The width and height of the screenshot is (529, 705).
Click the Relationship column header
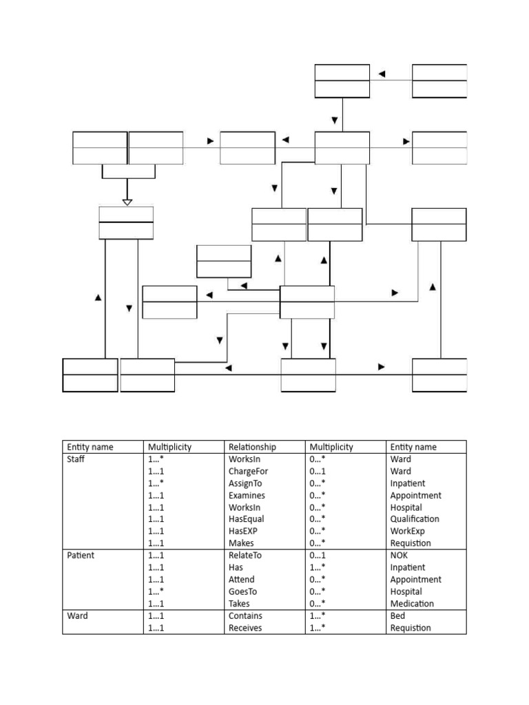pos(252,447)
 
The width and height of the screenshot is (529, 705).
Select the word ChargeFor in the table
pos(248,471)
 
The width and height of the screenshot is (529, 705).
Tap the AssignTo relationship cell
pos(246,483)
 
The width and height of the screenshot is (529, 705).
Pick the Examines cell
pos(247,495)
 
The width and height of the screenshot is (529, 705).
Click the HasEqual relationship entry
pos(246,519)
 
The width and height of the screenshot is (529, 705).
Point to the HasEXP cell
pos(244,531)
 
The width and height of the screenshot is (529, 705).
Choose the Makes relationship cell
pos(241,543)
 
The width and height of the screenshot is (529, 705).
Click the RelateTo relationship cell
pos(245,555)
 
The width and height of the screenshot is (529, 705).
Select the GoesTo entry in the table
pos(243,591)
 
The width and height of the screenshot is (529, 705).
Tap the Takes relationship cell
pos(240,603)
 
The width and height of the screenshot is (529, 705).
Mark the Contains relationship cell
pos(245,615)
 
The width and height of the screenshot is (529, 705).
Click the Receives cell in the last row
pos(245,628)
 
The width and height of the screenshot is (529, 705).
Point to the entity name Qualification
pos(415,519)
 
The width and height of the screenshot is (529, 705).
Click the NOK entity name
pos(399,555)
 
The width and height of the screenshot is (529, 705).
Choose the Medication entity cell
pos(412,603)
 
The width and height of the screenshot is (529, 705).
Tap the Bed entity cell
pos(397,615)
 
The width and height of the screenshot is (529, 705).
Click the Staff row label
pos(75,459)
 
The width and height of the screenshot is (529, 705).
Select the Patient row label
pos(80,555)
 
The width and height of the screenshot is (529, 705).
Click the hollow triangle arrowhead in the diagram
pos(127,202)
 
